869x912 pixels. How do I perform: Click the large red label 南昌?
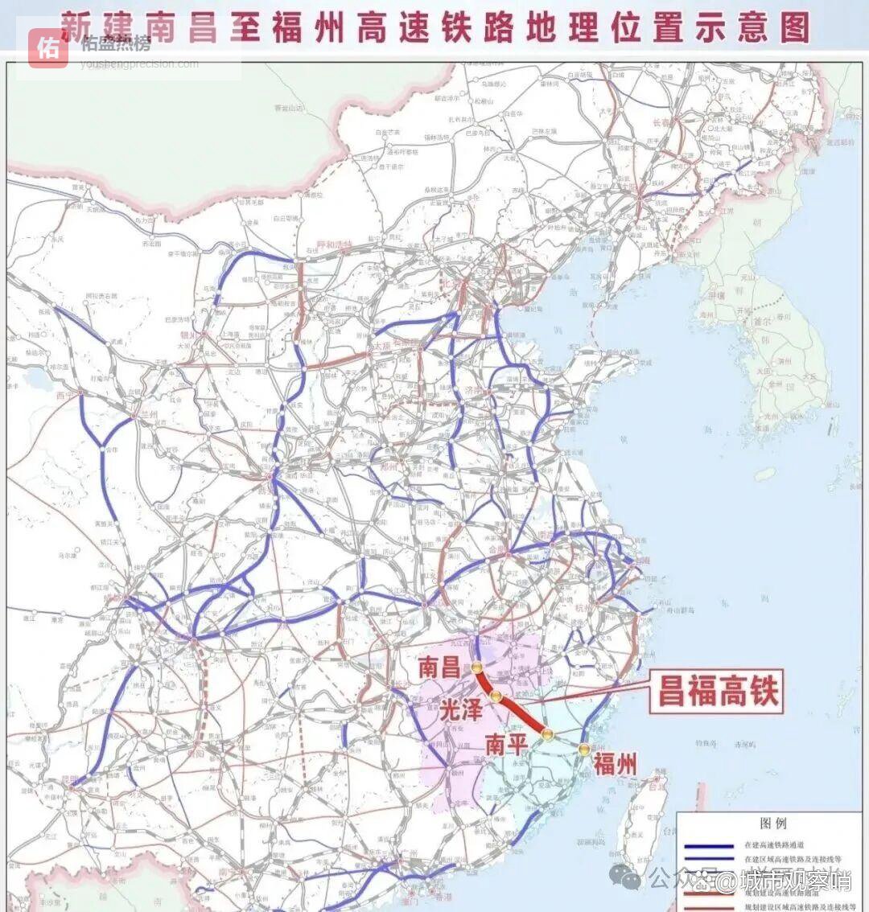[x=439, y=667]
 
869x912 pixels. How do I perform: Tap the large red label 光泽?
[x=461, y=709]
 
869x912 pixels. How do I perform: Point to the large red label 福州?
[x=616, y=762]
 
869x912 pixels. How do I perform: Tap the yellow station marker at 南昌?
[x=477, y=667]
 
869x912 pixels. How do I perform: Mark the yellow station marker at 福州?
[x=583, y=750]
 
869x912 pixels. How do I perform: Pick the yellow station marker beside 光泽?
[x=496, y=696]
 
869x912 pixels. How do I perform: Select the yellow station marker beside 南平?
[x=547, y=733]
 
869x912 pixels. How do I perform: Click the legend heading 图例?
[x=772, y=824]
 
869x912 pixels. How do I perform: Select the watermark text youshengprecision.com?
[x=139, y=64]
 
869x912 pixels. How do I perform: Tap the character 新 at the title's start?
[x=76, y=26]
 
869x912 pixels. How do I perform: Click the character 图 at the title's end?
[x=794, y=27]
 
